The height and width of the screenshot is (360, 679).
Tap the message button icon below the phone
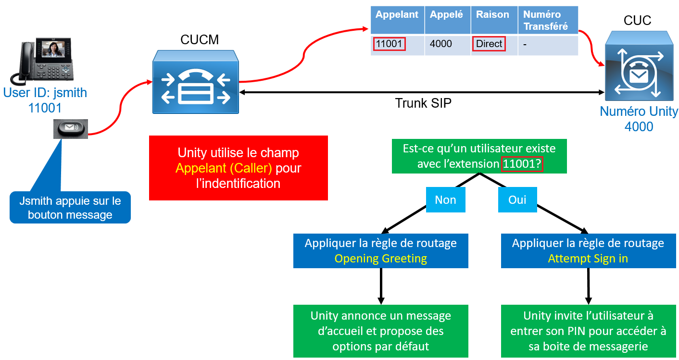(x=71, y=128)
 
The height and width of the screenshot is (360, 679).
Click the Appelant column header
(x=397, y=15)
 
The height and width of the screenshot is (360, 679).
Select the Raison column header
(x=492, y=15)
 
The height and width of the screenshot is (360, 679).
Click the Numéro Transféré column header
(x=547, y=20)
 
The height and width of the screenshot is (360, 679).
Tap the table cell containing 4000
(x=441, y=44)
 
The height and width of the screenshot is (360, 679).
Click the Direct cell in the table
(x=489, y=44)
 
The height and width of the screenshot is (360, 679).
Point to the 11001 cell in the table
(x=390, y=44)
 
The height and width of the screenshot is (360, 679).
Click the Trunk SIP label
(x=423, y=103)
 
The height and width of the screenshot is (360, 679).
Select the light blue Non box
(x=445, y=200)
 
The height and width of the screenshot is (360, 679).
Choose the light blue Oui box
(x=517, y=200)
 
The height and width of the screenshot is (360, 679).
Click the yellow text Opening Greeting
(x=380, y=259)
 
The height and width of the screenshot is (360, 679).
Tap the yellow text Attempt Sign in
(x=588, y=259)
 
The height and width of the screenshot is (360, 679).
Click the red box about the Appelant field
(x=238, y=168)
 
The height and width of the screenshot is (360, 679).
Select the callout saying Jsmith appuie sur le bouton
(x=70, y=208)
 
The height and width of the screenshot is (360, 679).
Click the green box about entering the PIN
(x=588, y=331)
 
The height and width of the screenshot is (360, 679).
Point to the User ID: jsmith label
(x=45, y=92)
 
